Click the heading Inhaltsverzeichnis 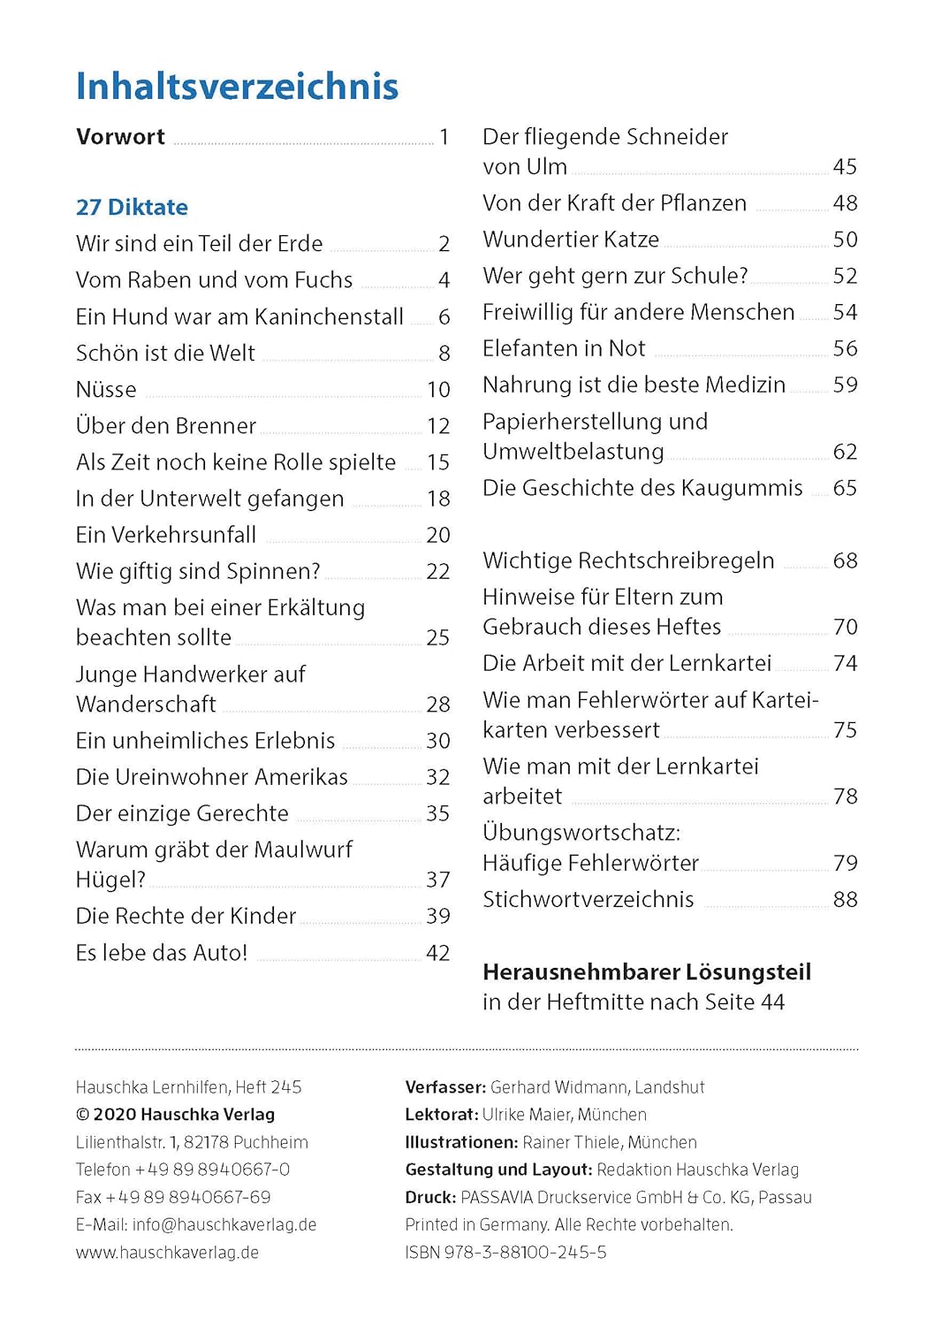click(x=237, y=87)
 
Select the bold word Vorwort click(x=120, y=137)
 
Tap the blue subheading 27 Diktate click(x=132, y=208)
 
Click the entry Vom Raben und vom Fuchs click(x=214, y=280)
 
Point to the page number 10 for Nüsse click(x=438, y=390)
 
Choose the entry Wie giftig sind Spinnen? click(x=198, y=572)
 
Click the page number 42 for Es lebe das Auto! click(x=438, y=953)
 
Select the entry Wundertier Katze click(x=571, y=240)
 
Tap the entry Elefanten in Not click(x=564, y=349)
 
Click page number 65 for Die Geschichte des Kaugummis click(x=845, y=488)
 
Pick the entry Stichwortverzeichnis click(x=588, y=900)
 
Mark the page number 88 click(x=845, y=900)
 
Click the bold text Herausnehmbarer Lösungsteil click(x=647, y=972)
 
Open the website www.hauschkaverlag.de click(x=167, y=1253)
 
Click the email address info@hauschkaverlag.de click(x=224, y=1225)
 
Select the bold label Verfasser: click(x=445, y=1087)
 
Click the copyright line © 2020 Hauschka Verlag click(x=175, y=1115)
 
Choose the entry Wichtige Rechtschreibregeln click(x=628, y=561)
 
